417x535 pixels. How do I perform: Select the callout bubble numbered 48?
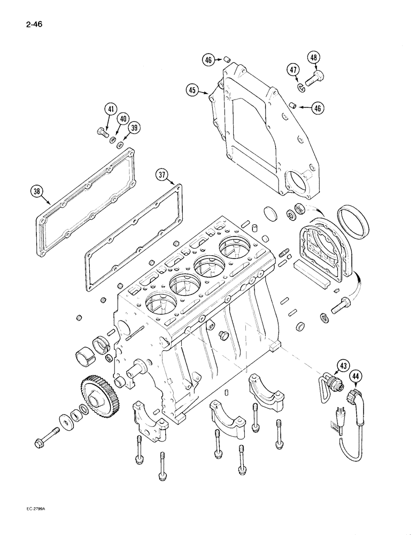click(x=314, y=58)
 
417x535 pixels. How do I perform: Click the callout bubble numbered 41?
click(x=111, y=110)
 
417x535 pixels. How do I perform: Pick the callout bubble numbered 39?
click(x=135, y=127)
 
